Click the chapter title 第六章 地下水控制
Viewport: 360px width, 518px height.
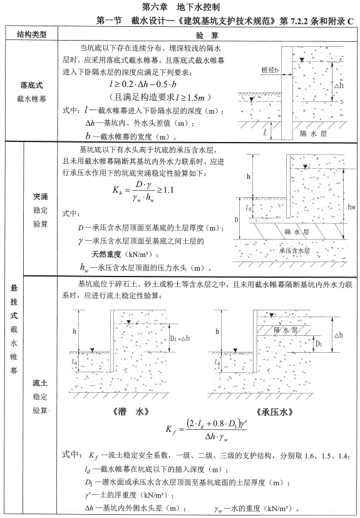click(180, 8)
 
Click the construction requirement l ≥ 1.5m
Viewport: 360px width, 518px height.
click(167, 98)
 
